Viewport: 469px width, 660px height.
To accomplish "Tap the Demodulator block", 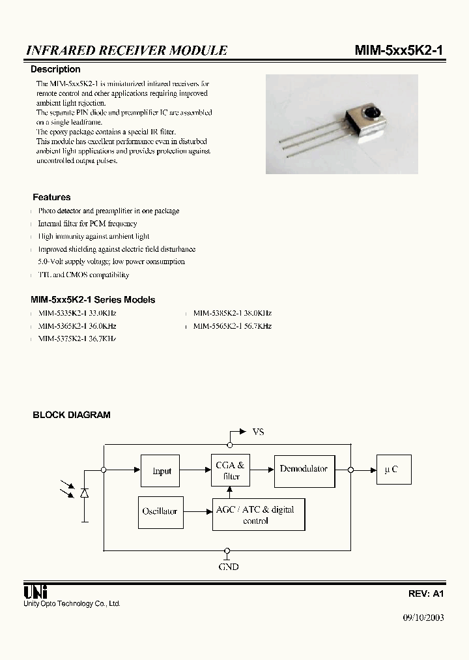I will tap(303, 469).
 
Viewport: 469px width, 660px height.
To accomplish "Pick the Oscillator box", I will tap(160, 511).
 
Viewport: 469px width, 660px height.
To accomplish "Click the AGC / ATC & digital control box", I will tap(258, 515).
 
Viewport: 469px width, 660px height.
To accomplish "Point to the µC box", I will tap(393, 470).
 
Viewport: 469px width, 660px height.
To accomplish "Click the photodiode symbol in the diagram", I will tap(84, 493).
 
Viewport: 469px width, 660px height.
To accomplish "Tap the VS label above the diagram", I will tap(257, 432).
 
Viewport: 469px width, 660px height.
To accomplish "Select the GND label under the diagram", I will tap(228, 567).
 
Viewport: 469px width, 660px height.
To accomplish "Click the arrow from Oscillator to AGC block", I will tap(196, 511).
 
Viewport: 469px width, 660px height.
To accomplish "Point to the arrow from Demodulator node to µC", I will tap(365, 470).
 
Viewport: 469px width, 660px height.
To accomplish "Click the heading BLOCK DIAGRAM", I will tap(72, 415).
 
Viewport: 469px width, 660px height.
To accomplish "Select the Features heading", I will tap(51, 197).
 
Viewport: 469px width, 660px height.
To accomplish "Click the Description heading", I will tap(56, 69).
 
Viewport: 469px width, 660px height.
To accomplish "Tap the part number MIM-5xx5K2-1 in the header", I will tap(399, 50).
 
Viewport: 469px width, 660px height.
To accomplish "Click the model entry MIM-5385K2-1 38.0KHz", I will tap(233, 313).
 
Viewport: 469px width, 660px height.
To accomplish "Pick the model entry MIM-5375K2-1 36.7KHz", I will tap(77, 338).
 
